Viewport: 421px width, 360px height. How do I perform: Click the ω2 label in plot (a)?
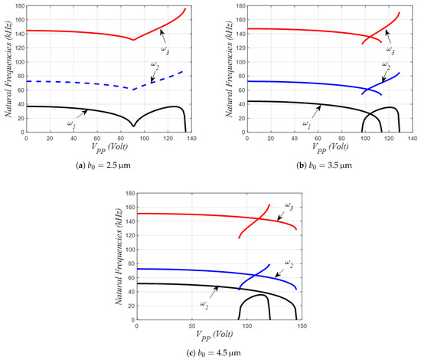click(x=155, y=64)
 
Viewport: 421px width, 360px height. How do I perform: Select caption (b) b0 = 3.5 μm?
click(x=318, y=160)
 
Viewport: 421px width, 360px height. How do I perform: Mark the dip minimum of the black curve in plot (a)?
click(x=133, y=126)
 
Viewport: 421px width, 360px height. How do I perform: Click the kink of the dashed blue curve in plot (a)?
click(x=133, y=90)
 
